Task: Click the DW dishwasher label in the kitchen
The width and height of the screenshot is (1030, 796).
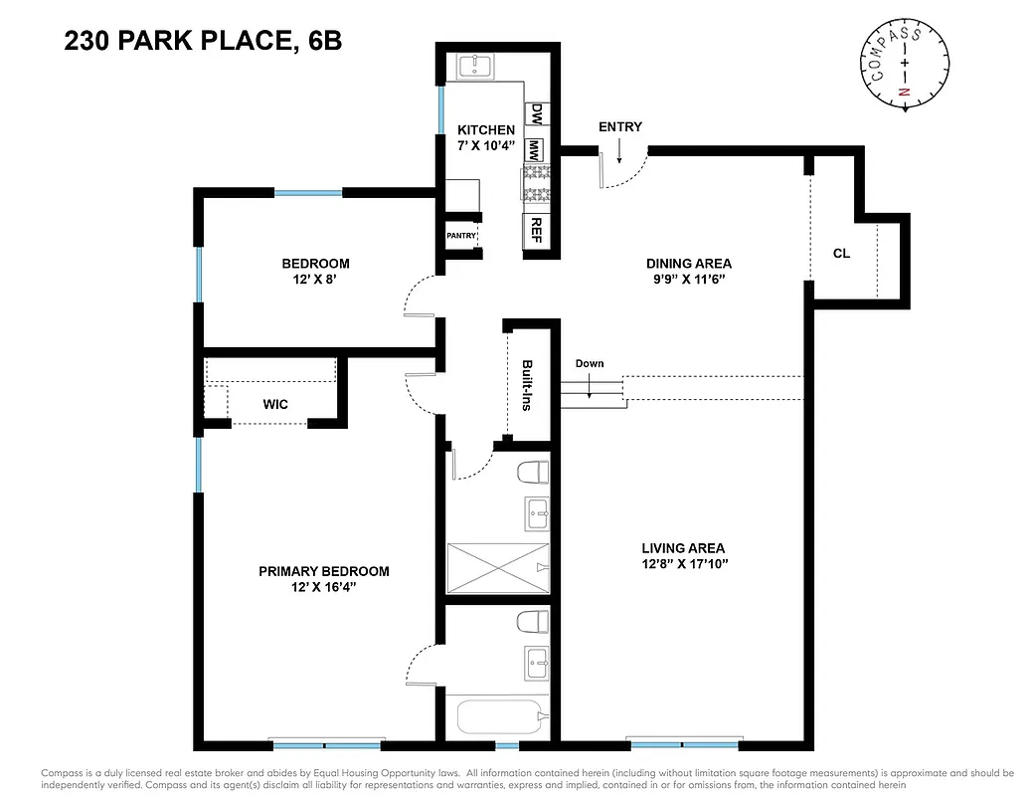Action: coord(536,113)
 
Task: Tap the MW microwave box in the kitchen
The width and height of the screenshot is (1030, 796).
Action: coord(535,150)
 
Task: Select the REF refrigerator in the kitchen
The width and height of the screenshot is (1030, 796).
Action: coord(536,230)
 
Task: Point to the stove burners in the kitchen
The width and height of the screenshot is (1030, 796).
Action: coord(535,185)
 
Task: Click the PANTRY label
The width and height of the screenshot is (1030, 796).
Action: coord(461,236)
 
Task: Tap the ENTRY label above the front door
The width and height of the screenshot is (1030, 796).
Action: coord(619,126)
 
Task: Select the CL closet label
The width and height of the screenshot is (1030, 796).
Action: coord(841,253)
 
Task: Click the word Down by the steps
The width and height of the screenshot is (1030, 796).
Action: coord(590,363)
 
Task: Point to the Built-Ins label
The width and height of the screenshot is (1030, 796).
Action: coord(527,385)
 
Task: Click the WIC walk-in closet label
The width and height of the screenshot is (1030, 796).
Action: coord(275,405)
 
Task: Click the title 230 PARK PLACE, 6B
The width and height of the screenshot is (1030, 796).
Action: coord(203,42)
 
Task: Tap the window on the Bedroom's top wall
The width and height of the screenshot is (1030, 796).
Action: coord(308,192)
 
